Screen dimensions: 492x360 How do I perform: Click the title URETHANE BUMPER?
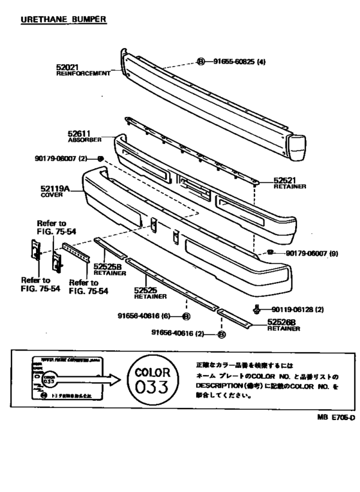[63, 20]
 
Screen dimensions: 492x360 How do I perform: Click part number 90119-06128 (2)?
[297, 309]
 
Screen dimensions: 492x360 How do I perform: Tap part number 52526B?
[283, 322]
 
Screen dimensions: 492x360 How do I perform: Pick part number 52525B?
[107, 267]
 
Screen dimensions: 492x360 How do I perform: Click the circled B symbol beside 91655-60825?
[201, 62]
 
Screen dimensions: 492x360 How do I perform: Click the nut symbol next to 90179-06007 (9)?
[271, 252]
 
